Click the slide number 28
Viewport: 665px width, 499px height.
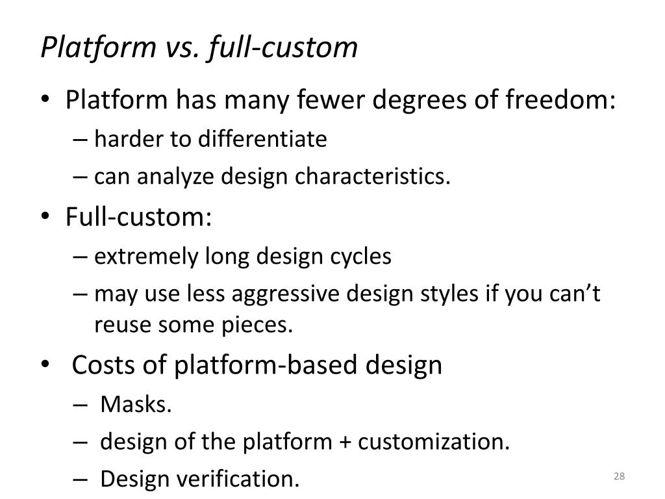point(618,478)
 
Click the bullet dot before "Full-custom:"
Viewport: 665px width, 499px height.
point(51,217)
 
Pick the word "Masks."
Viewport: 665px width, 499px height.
point(136,404)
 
